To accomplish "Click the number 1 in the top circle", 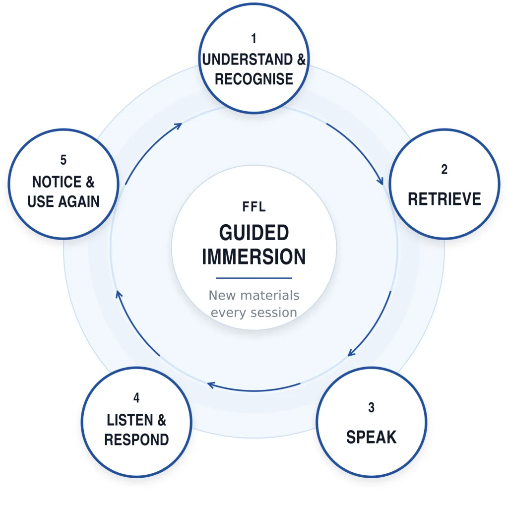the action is coord(254,39).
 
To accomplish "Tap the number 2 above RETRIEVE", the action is coord(444,170).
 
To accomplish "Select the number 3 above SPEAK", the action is coord(371,408).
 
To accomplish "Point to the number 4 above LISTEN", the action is coord(136,398).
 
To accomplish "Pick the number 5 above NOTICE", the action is coord(63,160).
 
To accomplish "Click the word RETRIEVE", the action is coord(444,199).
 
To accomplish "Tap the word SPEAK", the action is coord(371,437).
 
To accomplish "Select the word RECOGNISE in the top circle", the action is coord(254,79).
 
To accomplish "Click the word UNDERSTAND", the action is coord(248,60).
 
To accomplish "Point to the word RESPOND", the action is coord(136,440).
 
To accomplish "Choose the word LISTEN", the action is coord(130,420).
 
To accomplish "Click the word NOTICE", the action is coord(57,182).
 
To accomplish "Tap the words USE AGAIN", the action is coord(63,201).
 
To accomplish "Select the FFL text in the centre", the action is coord(254,207).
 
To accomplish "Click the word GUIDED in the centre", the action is coord(254,233).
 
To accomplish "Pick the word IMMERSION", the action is coord(254,256).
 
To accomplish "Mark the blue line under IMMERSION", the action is coord(254,278).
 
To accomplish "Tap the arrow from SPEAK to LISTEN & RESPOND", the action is coord(254,390).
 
